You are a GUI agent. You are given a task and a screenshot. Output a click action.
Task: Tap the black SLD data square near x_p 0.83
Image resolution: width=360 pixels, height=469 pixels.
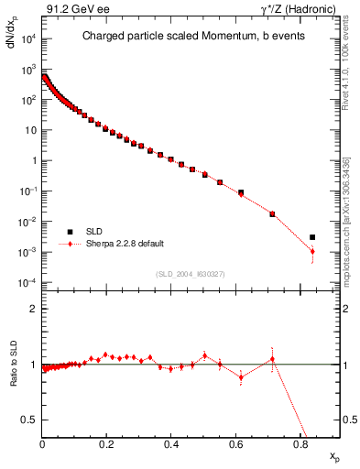[x=312, y=237]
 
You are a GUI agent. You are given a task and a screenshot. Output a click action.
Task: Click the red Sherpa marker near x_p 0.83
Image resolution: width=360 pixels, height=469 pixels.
[x=312, y=252]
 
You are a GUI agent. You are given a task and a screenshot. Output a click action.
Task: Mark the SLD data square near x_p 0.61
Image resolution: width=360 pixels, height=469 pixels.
[x=241, y=192]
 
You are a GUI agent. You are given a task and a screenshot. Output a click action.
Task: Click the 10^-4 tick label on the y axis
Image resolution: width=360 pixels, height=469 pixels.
[x=27, y=283]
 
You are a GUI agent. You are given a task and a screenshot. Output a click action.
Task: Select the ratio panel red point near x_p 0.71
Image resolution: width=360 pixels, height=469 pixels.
[x=272, y=359]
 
